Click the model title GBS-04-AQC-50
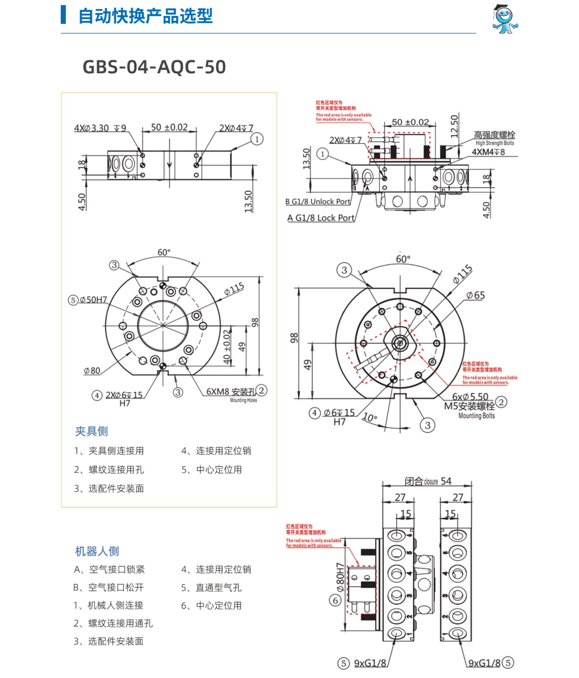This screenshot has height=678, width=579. point(154,67)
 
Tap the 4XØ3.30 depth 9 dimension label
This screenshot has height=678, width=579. point(100,128)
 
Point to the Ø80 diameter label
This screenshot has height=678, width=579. point(92,371)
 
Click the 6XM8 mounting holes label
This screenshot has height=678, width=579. point(231,392)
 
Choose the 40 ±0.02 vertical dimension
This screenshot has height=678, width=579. point(227,346)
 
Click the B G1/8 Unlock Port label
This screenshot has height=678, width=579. point(318,202)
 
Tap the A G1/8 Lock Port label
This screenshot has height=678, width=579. point(321,217)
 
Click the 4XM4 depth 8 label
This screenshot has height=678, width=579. point(489,152)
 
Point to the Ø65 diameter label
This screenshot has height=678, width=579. point(476,295)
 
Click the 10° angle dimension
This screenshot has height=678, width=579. point(370,418)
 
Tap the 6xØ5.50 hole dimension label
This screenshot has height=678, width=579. point(470,397)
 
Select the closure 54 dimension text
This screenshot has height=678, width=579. point(428,482)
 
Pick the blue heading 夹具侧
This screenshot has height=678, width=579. point(91,432)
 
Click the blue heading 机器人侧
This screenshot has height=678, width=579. point(97,551)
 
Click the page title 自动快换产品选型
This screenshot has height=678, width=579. point(145,16)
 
